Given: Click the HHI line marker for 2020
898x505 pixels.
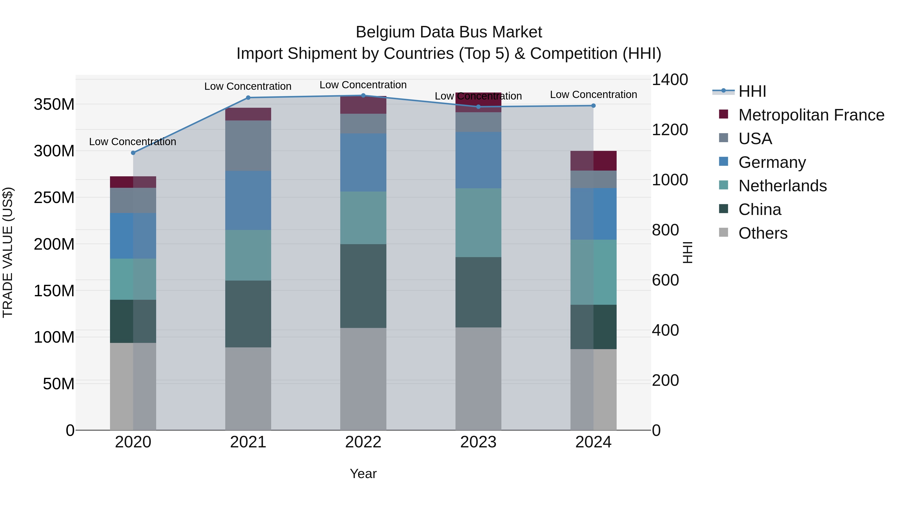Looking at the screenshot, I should click(133, 153).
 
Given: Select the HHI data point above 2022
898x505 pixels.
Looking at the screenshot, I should click(363, 96).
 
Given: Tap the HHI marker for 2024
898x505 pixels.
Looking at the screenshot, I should click(593, 105).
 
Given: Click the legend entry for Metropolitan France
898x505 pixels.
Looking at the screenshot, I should click(811, 115).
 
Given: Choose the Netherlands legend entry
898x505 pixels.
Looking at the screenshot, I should click(782, 186).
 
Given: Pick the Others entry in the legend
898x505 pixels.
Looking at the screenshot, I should click(763, 233).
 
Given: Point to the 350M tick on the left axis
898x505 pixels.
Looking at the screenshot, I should click(54, 104).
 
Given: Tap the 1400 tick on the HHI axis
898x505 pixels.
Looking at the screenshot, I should click(670, 80).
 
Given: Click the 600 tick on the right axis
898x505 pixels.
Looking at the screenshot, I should click(665, 280).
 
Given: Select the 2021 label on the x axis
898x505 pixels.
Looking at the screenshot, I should click(248, 442).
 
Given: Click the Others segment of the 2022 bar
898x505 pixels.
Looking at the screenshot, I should click(363, 379).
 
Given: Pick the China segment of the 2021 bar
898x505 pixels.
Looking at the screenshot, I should click(248, 314).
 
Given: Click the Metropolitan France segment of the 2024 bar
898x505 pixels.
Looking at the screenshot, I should click(593, 161).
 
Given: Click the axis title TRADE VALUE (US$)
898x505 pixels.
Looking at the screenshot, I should click(8, 252).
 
